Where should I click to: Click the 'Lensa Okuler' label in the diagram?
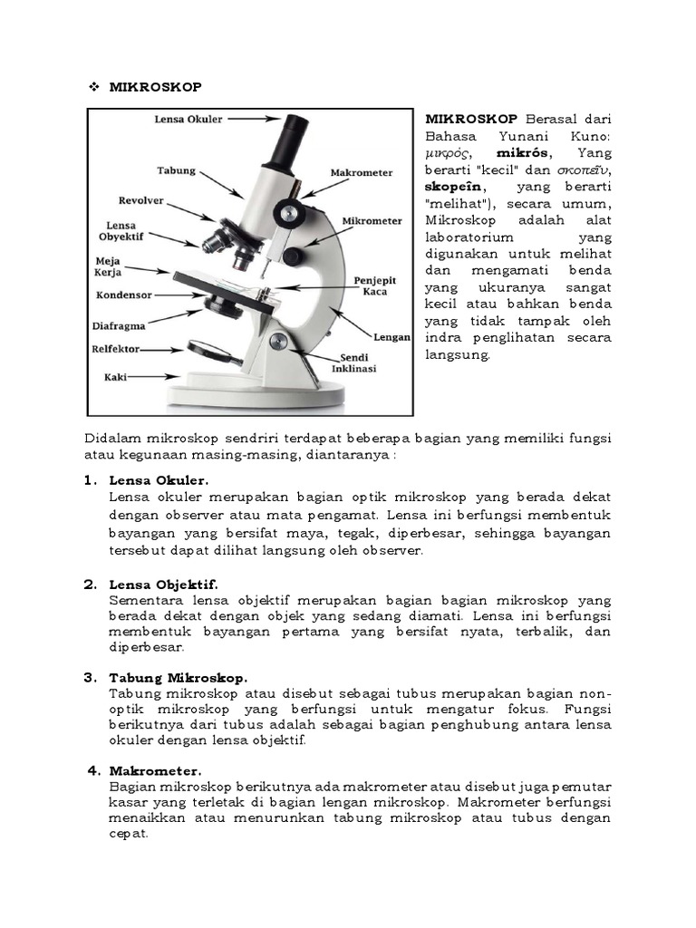tap(188, 119)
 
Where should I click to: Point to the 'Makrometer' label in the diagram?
tap(361, 172)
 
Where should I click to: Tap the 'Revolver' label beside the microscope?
tap(140, 200)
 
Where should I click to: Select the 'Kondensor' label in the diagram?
tap(123, 295)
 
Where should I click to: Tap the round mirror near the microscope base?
tap(211, 350)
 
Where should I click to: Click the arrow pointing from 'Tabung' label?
tap(219, 182)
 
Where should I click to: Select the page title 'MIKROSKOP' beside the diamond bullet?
tap(155, 87)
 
